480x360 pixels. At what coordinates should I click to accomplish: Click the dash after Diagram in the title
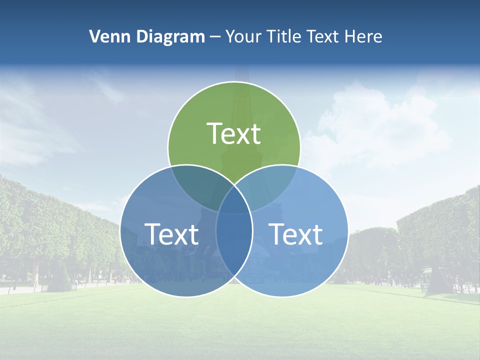(214, 37)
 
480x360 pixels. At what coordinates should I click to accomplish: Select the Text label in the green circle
(233, 134)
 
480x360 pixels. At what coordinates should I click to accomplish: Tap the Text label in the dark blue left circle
(171, 234)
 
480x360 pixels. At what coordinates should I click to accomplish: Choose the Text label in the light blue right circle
(296, 234)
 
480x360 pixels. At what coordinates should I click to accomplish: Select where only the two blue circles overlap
(234, 250)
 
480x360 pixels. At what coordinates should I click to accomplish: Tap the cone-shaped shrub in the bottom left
(63, 278)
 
